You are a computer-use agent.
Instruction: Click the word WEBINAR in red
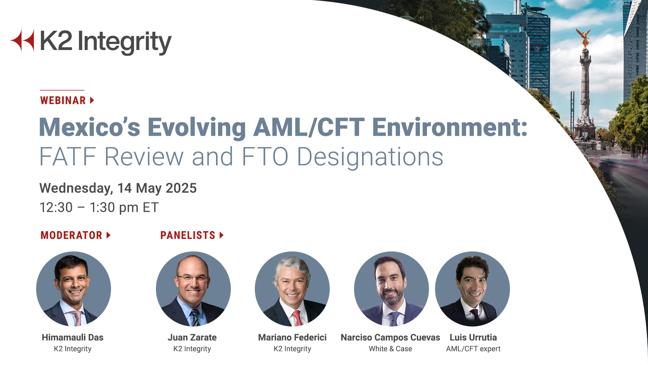[x=63, y=100]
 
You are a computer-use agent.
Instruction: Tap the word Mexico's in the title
[x=89, y=127]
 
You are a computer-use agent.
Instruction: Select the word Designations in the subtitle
[x=370, y=157]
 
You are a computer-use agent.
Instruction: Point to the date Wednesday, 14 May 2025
[x=118, y=188]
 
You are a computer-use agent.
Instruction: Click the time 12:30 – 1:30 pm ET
[x=99, y=208]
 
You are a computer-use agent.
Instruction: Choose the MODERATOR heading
[x=71, y=235]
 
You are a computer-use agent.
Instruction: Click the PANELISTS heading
[x=188, y=235]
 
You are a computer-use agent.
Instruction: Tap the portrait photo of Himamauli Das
[x=74, y=289]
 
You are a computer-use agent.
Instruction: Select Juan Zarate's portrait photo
[x=193, y=289]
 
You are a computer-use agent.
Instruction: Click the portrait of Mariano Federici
[x=292, y=289]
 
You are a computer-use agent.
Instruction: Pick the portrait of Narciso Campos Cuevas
[x=391, y=289]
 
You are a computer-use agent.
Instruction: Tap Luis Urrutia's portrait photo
[x=473, y=289]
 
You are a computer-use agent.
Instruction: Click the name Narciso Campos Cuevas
[x=390, y=337]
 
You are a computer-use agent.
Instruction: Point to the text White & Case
[x=390, y=349]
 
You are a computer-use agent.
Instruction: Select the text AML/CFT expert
[x=473, y=349]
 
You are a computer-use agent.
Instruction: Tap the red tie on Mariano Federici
[x=297, y=318]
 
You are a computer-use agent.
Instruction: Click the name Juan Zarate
[x=192, y=337]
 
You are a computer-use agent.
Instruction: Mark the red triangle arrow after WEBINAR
[x=92, y=100]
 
